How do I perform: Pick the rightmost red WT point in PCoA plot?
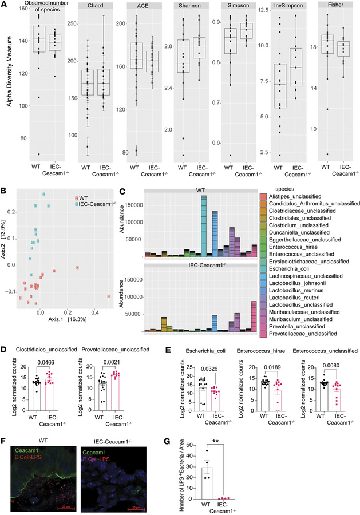(108, 296)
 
